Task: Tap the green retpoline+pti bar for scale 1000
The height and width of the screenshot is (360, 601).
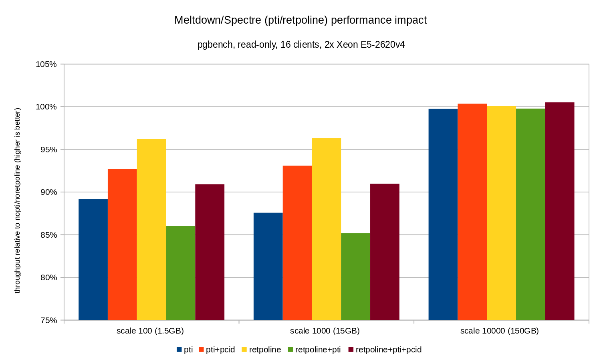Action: point(355,277)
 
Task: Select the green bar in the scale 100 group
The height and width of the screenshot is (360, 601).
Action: point(181,273)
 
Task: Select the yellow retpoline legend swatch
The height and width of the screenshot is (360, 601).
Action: point(244,350)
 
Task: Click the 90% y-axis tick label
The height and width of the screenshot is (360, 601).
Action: point(48,192)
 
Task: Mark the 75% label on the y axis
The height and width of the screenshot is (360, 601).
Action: point(48,320)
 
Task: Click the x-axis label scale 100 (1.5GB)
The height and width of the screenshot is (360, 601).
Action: point(150,331)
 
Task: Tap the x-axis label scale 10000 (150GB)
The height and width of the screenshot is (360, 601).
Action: point(499,331)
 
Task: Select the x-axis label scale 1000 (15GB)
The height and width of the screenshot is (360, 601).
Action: point(325,331)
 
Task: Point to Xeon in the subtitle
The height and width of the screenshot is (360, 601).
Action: point(347,44)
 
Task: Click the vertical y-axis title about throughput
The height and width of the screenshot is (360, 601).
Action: point(17,200)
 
